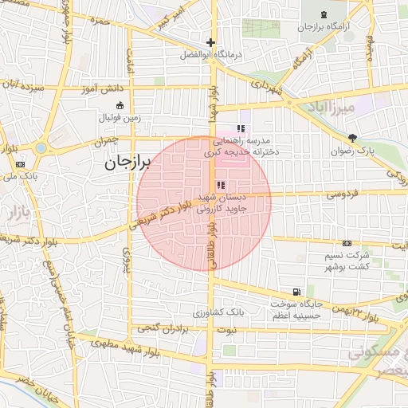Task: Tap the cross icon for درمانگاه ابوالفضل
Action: coord(210,42)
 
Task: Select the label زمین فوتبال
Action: coord(119,118)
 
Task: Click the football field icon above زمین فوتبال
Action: coord(120,106)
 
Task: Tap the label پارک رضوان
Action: coord(353,150)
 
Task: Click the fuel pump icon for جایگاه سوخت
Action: coord(297,292)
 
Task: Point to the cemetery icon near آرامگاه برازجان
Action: coord(323,15)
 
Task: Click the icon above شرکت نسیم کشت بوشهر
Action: coord(347,243)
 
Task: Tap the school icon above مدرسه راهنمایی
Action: coord(241,128)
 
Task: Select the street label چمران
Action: coord(104,140)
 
